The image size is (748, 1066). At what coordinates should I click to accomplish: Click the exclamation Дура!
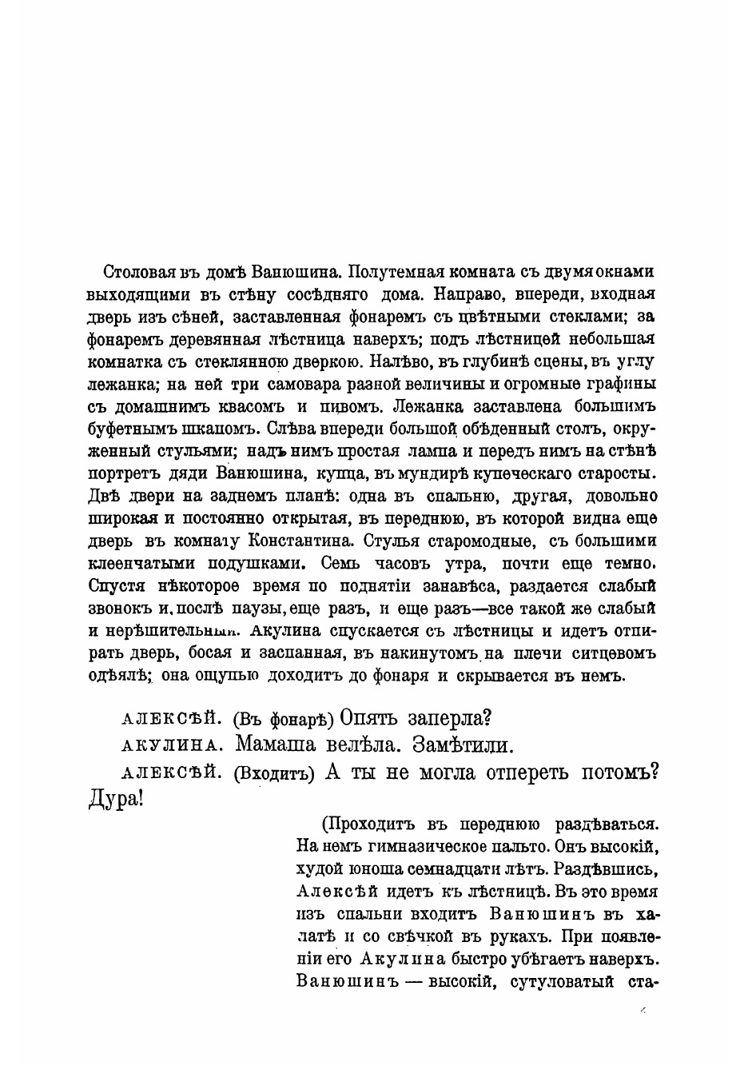coord(115,799)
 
